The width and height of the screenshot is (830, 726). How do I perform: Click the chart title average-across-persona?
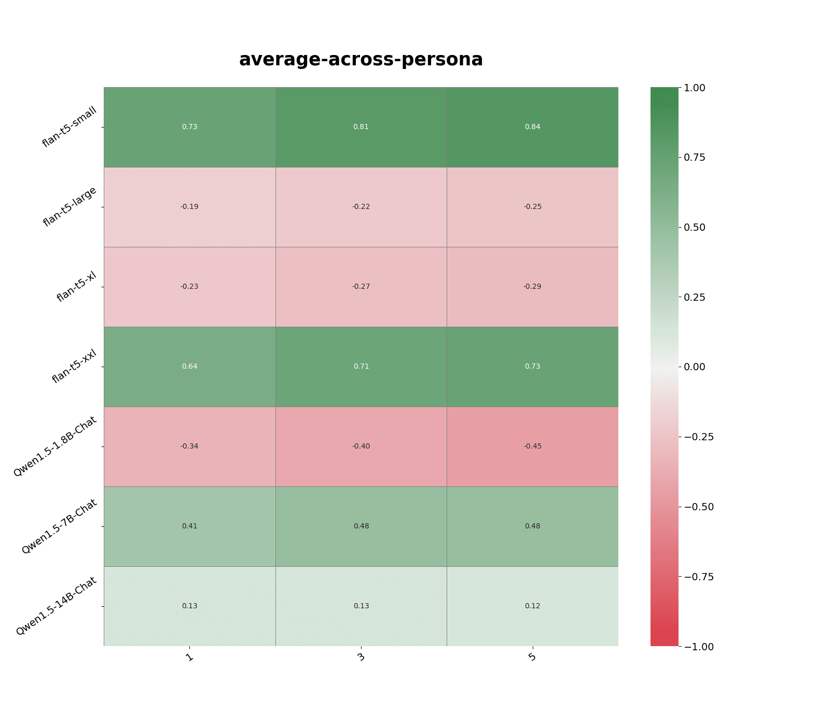[361, 60]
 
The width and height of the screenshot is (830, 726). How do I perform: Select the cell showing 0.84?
[532, 127]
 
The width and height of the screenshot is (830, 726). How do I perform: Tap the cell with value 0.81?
[361, 127]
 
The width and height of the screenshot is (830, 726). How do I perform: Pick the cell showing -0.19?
[189, 207]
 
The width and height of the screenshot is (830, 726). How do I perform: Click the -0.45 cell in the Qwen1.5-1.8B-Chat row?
[532, 446]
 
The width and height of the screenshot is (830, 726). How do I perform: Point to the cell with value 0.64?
[189, 367]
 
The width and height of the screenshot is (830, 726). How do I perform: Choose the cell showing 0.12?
[532, 606]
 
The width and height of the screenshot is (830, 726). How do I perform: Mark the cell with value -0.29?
[532, 287]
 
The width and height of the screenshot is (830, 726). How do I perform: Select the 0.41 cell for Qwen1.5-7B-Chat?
[189, 526]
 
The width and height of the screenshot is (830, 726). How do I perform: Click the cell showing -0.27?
[361, 287]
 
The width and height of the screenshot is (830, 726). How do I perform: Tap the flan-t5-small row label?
[70, 127]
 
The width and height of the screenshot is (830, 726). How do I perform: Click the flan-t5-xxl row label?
[75, 366]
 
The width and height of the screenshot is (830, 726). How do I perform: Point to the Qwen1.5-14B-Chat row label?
[57, 606]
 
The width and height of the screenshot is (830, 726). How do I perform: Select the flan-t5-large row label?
[70, 206]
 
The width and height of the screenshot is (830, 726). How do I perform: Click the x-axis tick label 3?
[361, 658]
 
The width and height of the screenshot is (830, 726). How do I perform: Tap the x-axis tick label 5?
[532, 658]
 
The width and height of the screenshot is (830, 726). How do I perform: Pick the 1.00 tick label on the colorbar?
[695, 88]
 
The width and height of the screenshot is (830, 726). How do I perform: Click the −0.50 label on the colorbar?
[699, 507]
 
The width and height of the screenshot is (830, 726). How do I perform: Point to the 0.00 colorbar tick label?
[695, 367]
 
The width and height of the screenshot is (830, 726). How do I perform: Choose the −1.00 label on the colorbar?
[699, 647]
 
